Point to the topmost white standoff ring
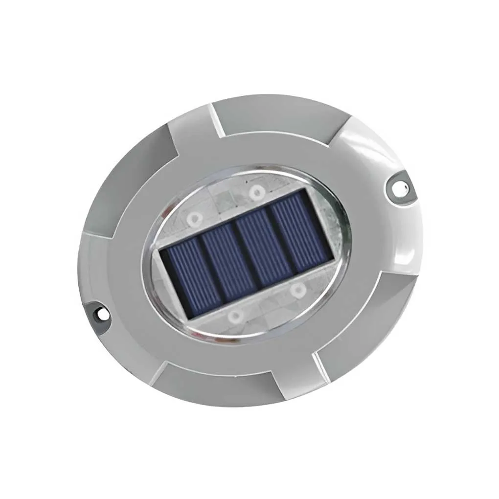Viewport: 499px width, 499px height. tap(255, 192)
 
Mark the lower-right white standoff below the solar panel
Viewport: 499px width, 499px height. tap(296, 291)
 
